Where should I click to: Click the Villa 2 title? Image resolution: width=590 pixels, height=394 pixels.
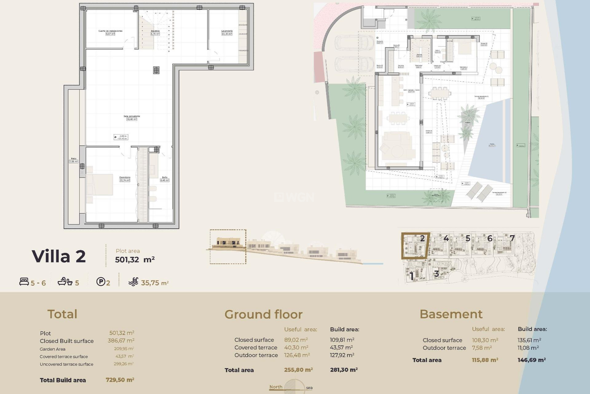59,256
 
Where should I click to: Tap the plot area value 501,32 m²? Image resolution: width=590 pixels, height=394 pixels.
135,259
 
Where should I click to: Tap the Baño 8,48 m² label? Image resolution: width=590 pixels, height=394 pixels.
165,179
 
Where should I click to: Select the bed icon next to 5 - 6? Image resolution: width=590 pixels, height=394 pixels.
24,282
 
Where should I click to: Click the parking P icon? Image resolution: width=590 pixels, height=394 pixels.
101,282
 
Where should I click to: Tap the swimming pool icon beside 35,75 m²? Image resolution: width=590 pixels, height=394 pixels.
133,282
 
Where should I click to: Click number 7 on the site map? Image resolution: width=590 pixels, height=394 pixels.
512,238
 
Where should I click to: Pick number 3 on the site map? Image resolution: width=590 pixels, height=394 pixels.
436,273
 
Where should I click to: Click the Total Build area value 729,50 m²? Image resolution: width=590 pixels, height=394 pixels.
120,380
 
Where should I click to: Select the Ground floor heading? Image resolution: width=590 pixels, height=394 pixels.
263,314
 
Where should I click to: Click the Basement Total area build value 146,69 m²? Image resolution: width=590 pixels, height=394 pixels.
532,360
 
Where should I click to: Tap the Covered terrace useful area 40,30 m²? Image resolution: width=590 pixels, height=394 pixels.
296,348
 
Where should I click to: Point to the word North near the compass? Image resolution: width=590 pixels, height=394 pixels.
276,387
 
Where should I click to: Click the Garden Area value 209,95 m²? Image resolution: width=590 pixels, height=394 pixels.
124,349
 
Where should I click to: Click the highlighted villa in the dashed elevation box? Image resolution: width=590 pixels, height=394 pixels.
228,243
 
